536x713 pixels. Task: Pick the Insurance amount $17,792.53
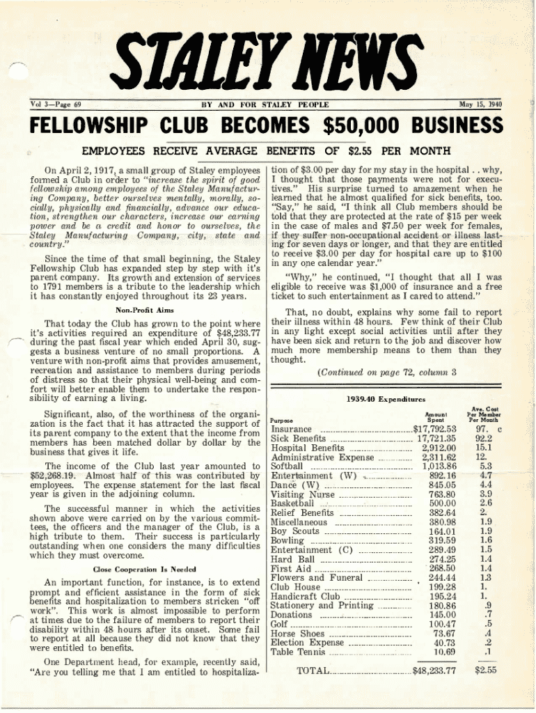[434, 429]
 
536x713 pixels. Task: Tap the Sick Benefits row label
[297, 439]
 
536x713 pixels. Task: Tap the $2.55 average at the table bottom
[484, 671]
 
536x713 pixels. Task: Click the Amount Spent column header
[435, 416]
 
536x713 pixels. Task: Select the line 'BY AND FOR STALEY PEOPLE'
[265, 105]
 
